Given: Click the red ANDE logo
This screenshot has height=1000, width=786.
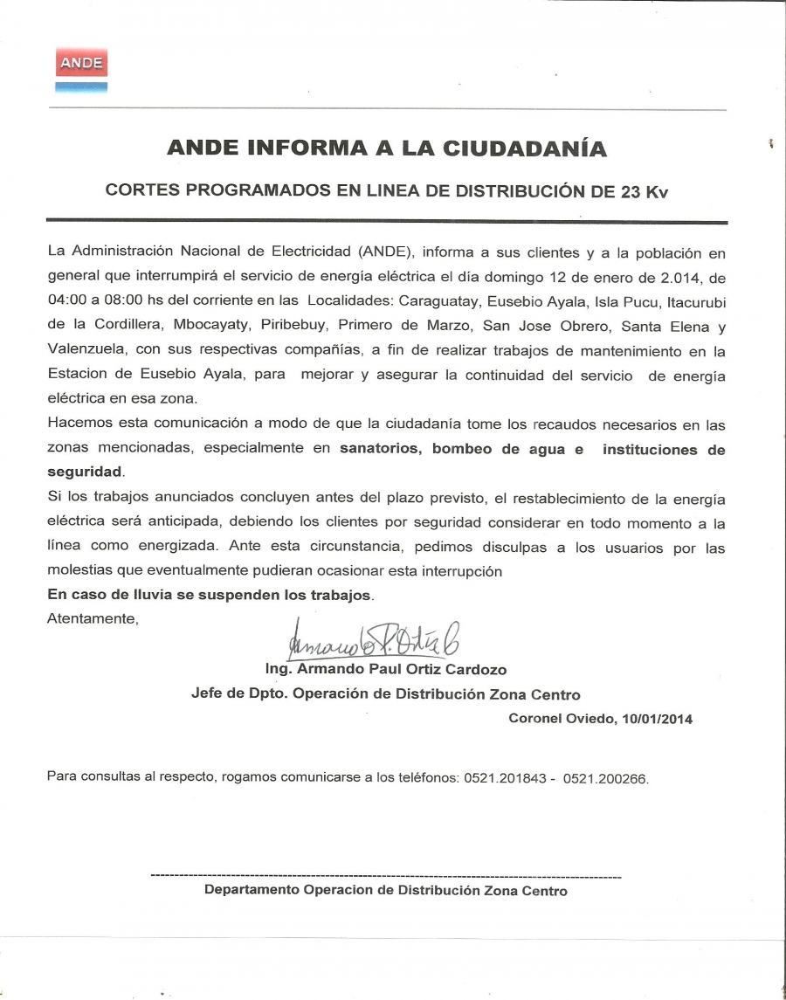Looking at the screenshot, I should (x=81, y=63).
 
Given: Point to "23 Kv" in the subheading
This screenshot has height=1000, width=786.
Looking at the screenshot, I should (x=645, y=191).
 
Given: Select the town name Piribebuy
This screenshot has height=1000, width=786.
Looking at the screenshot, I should (x=286, y=326).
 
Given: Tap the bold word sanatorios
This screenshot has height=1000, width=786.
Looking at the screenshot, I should (x=381, y=450).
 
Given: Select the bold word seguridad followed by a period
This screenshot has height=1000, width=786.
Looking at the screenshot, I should (x=85, y=472).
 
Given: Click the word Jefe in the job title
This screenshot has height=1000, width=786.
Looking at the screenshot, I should (x=205, y=694).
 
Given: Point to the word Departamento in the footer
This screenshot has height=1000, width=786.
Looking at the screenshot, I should (x=251, y=891).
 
